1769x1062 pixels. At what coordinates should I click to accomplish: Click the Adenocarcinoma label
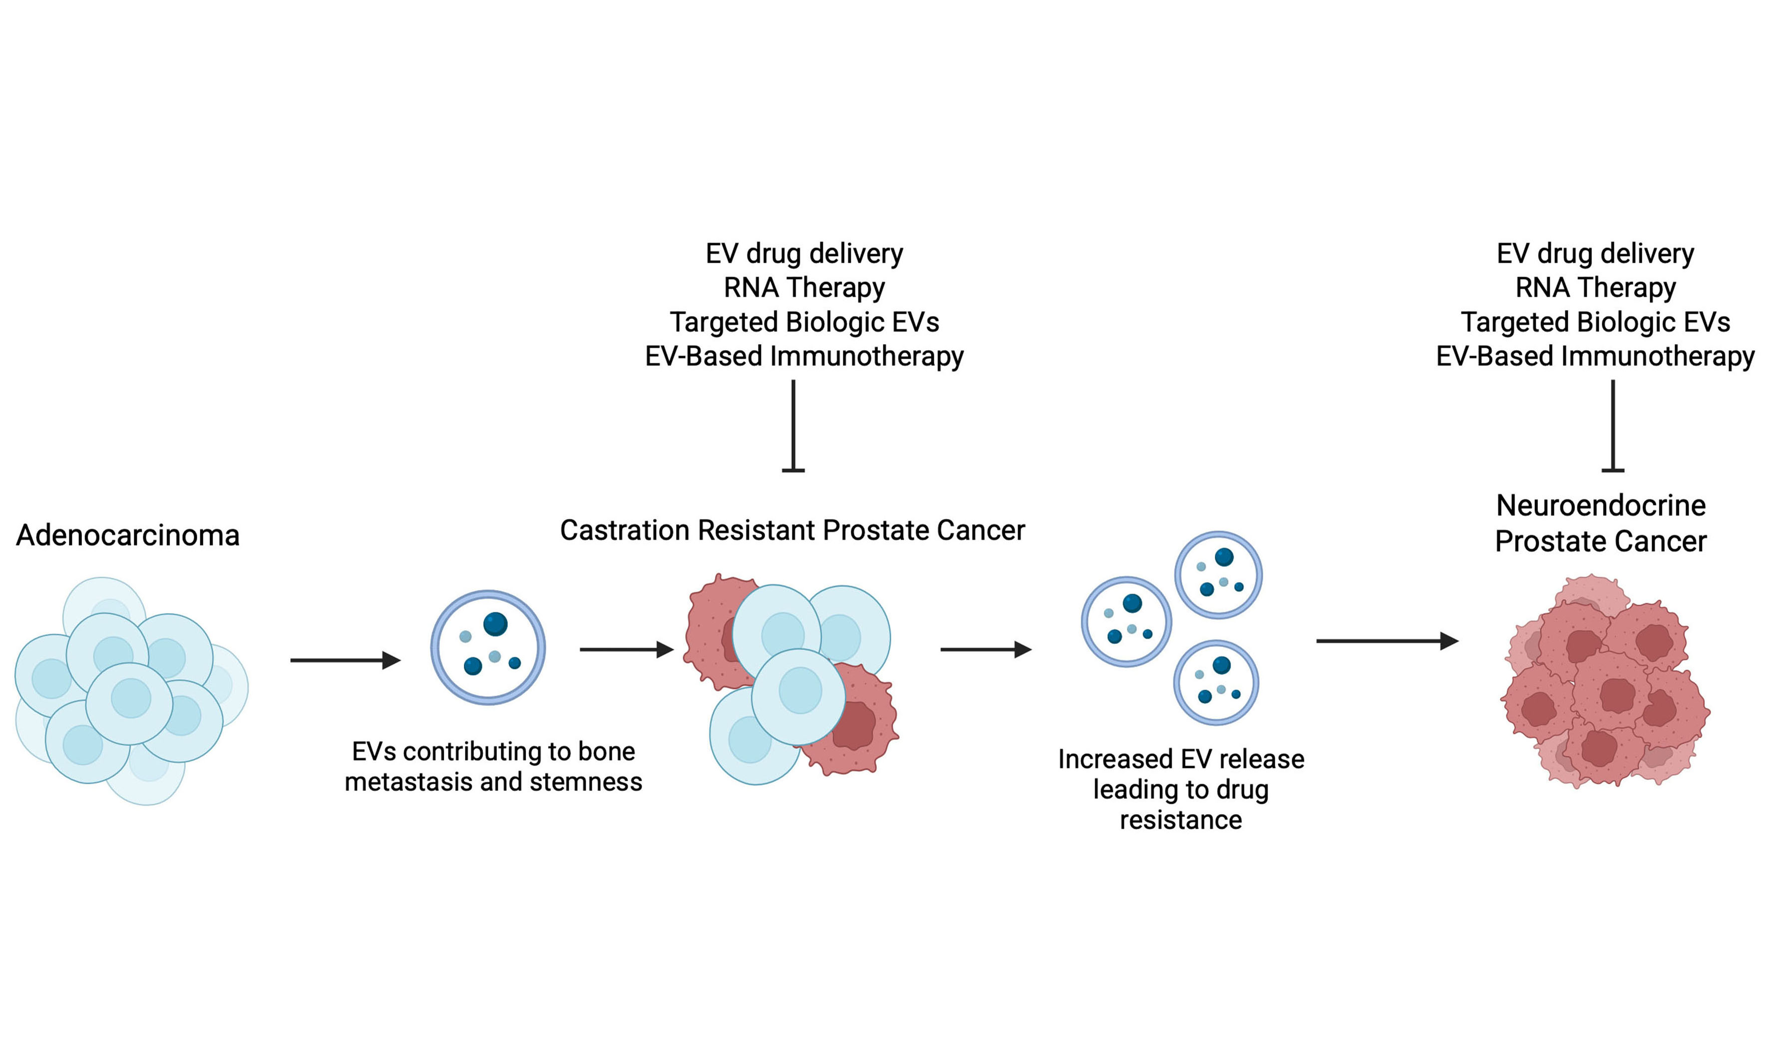(127, 536)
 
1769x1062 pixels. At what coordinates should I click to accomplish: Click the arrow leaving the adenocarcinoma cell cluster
(345, 660)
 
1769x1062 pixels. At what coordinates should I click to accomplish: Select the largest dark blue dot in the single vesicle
(495, 624)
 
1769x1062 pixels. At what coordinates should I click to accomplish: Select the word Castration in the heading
(625, 531)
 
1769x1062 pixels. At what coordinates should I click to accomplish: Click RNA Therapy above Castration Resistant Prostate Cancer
(804, 288)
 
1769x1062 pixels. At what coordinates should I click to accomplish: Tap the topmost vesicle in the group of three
(1218, 574)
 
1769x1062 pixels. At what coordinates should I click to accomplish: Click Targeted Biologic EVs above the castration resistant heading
(804, 322)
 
